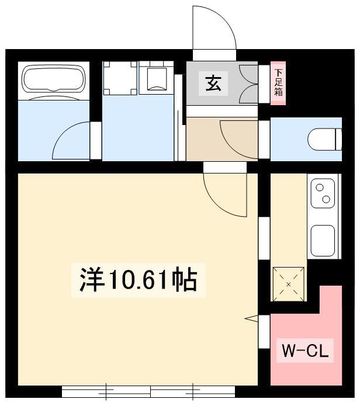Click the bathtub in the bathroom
point(54,79)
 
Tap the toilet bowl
point(321,139)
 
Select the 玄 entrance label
point(213,84)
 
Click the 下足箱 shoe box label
point(278,83)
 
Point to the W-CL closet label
point(305,351)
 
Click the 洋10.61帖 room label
point(139,280)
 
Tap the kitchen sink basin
point(323,241)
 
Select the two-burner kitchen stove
point(323,193)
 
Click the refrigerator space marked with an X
point(289,284)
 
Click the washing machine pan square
point(120,78)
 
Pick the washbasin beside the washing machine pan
point(157,78)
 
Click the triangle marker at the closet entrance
point(251,319)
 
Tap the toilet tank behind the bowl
point(339,139)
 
